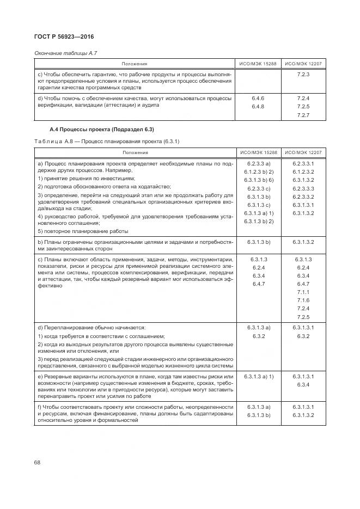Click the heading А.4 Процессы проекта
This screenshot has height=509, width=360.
click(x=102, y=130)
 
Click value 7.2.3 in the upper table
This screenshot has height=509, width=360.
click(x=303, y=74)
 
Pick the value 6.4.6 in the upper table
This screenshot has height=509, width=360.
click(x=258, y=99)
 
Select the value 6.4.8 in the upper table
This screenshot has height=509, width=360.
click(x=258, y=107)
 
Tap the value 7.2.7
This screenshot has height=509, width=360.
click(x=303, y=115)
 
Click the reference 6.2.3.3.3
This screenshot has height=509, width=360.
click(x=303, y=188)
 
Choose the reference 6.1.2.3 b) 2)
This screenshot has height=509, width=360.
click(x=259, y=171)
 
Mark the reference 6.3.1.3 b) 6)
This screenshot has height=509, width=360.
click(x=259, y=180)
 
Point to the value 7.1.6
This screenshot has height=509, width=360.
click(x=303, y=301)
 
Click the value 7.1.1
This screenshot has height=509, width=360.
click(x=303, y=292)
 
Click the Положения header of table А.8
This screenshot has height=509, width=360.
click(x=135, y=153)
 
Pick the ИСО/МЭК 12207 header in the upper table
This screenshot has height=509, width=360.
click(x=303, y=64)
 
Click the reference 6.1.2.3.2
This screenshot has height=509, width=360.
click(x=303, y=171)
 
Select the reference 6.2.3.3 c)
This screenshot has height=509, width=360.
click(x=259, y=188)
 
